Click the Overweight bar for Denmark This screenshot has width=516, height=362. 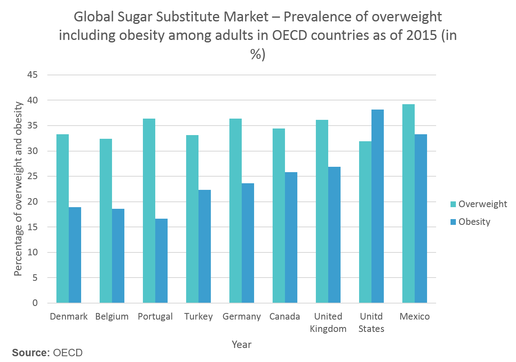pyautogui.click(x=63, y=219)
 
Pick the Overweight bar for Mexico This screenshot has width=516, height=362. pyautogui.click(x=409, y=203)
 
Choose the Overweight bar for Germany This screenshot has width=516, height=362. pyautogui.click(x=236, y=211)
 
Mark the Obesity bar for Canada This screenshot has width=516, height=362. pyautogui.click(x=291, y=238)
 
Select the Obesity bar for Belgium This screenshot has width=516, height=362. pyautogui.click(x=118, y=256)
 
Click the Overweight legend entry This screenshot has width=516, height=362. pyautogui.click(x=479, y=204)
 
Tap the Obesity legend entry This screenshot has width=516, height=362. pyautogui.click(x=470, y=222)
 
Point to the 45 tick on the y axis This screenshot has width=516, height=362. pyautogui.click(x=33, y=75)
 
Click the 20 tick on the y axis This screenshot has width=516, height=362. pyautogui.click(x=33, y=202)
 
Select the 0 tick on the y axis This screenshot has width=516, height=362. pyautogui.click(x=35, y=303)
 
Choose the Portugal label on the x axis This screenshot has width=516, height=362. pyautogui.click(x=155, y=317)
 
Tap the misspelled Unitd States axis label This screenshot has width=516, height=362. pyautogui.click(x=371, y=322)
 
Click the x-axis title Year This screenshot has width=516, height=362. pyautogui.click(x=242, y=344)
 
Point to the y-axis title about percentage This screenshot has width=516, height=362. pyautogui.click(x=18, y=188)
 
